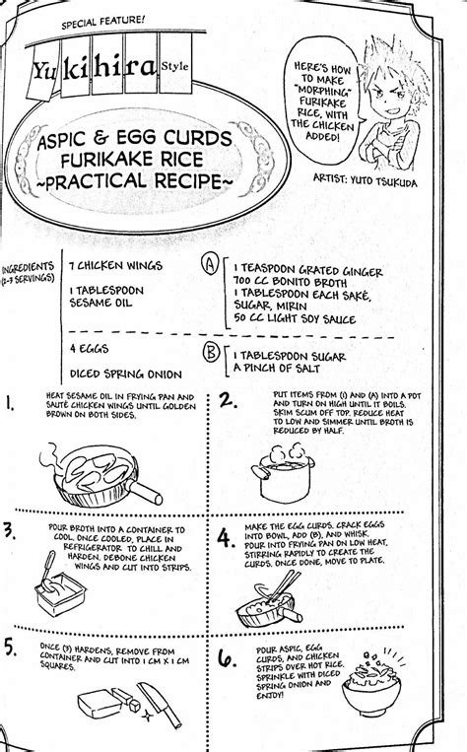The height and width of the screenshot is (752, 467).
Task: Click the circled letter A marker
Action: pos(210,265)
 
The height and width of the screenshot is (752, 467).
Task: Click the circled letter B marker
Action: pos(211,353)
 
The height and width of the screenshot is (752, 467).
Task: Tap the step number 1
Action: pos(9,403)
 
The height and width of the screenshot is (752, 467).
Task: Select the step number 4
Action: pos(226,537)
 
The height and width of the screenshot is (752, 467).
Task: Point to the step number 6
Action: pos(228,658)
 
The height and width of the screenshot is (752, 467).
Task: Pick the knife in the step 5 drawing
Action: pos(160,705)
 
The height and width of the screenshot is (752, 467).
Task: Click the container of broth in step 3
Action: pos(60,592)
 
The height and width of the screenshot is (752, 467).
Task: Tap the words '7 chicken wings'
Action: pos(115,265)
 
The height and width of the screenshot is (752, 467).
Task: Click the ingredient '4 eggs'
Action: pos(90,348)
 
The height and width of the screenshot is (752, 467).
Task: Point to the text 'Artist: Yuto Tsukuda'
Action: pos(365,179)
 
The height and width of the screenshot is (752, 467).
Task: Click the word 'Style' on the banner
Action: pos(175,66)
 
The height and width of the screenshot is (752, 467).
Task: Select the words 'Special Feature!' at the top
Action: pos(103,22)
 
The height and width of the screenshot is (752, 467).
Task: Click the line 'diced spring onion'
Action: pos(126,375)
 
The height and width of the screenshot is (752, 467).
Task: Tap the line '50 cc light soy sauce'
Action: pos(295,319)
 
